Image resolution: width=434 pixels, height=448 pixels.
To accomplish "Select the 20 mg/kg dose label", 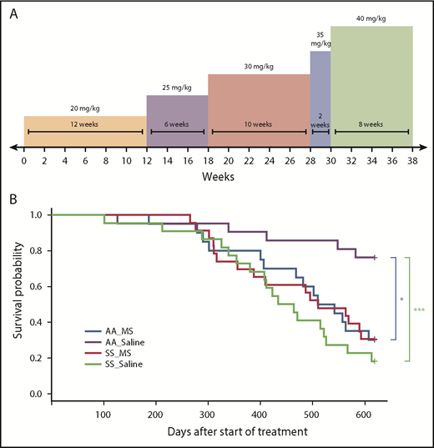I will tap(84, 108).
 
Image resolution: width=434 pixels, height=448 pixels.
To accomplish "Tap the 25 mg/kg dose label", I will tap(177, 87).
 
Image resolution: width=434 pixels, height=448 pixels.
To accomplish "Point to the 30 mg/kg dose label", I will tap(259, 66).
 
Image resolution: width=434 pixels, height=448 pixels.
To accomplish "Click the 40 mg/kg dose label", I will tap(371, 18).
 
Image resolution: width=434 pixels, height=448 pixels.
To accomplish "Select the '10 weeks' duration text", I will tap(259, 124).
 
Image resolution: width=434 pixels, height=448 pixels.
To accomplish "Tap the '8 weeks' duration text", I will tap(371, 124).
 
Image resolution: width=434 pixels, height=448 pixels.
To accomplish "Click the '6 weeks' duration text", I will tap(177, 124).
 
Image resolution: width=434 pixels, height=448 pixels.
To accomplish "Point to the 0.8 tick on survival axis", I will tap(35, 251).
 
